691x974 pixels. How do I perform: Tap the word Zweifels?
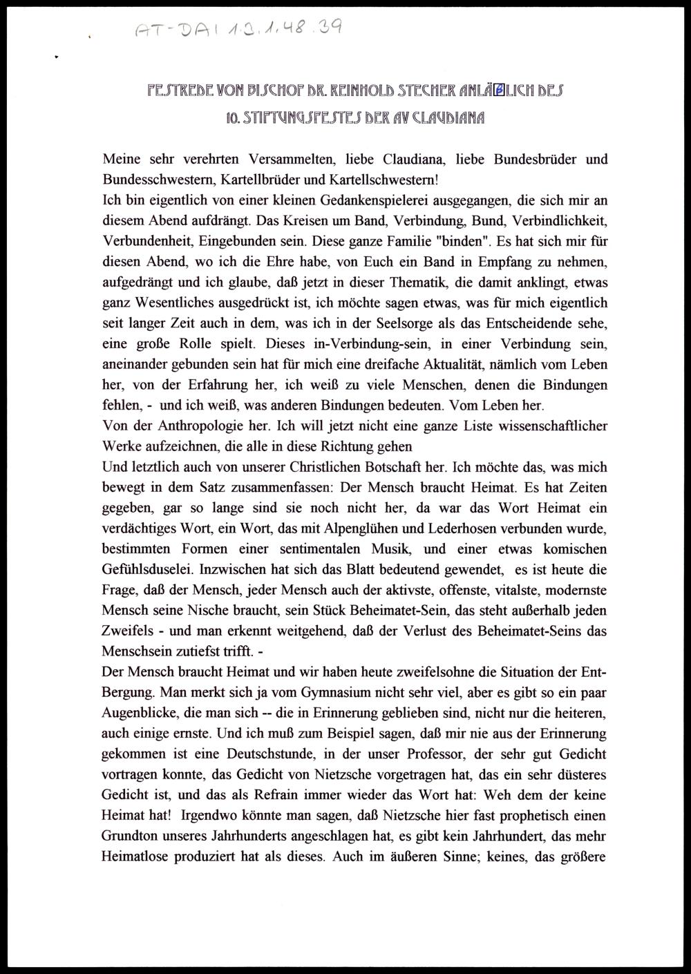click(x=129, y=631)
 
